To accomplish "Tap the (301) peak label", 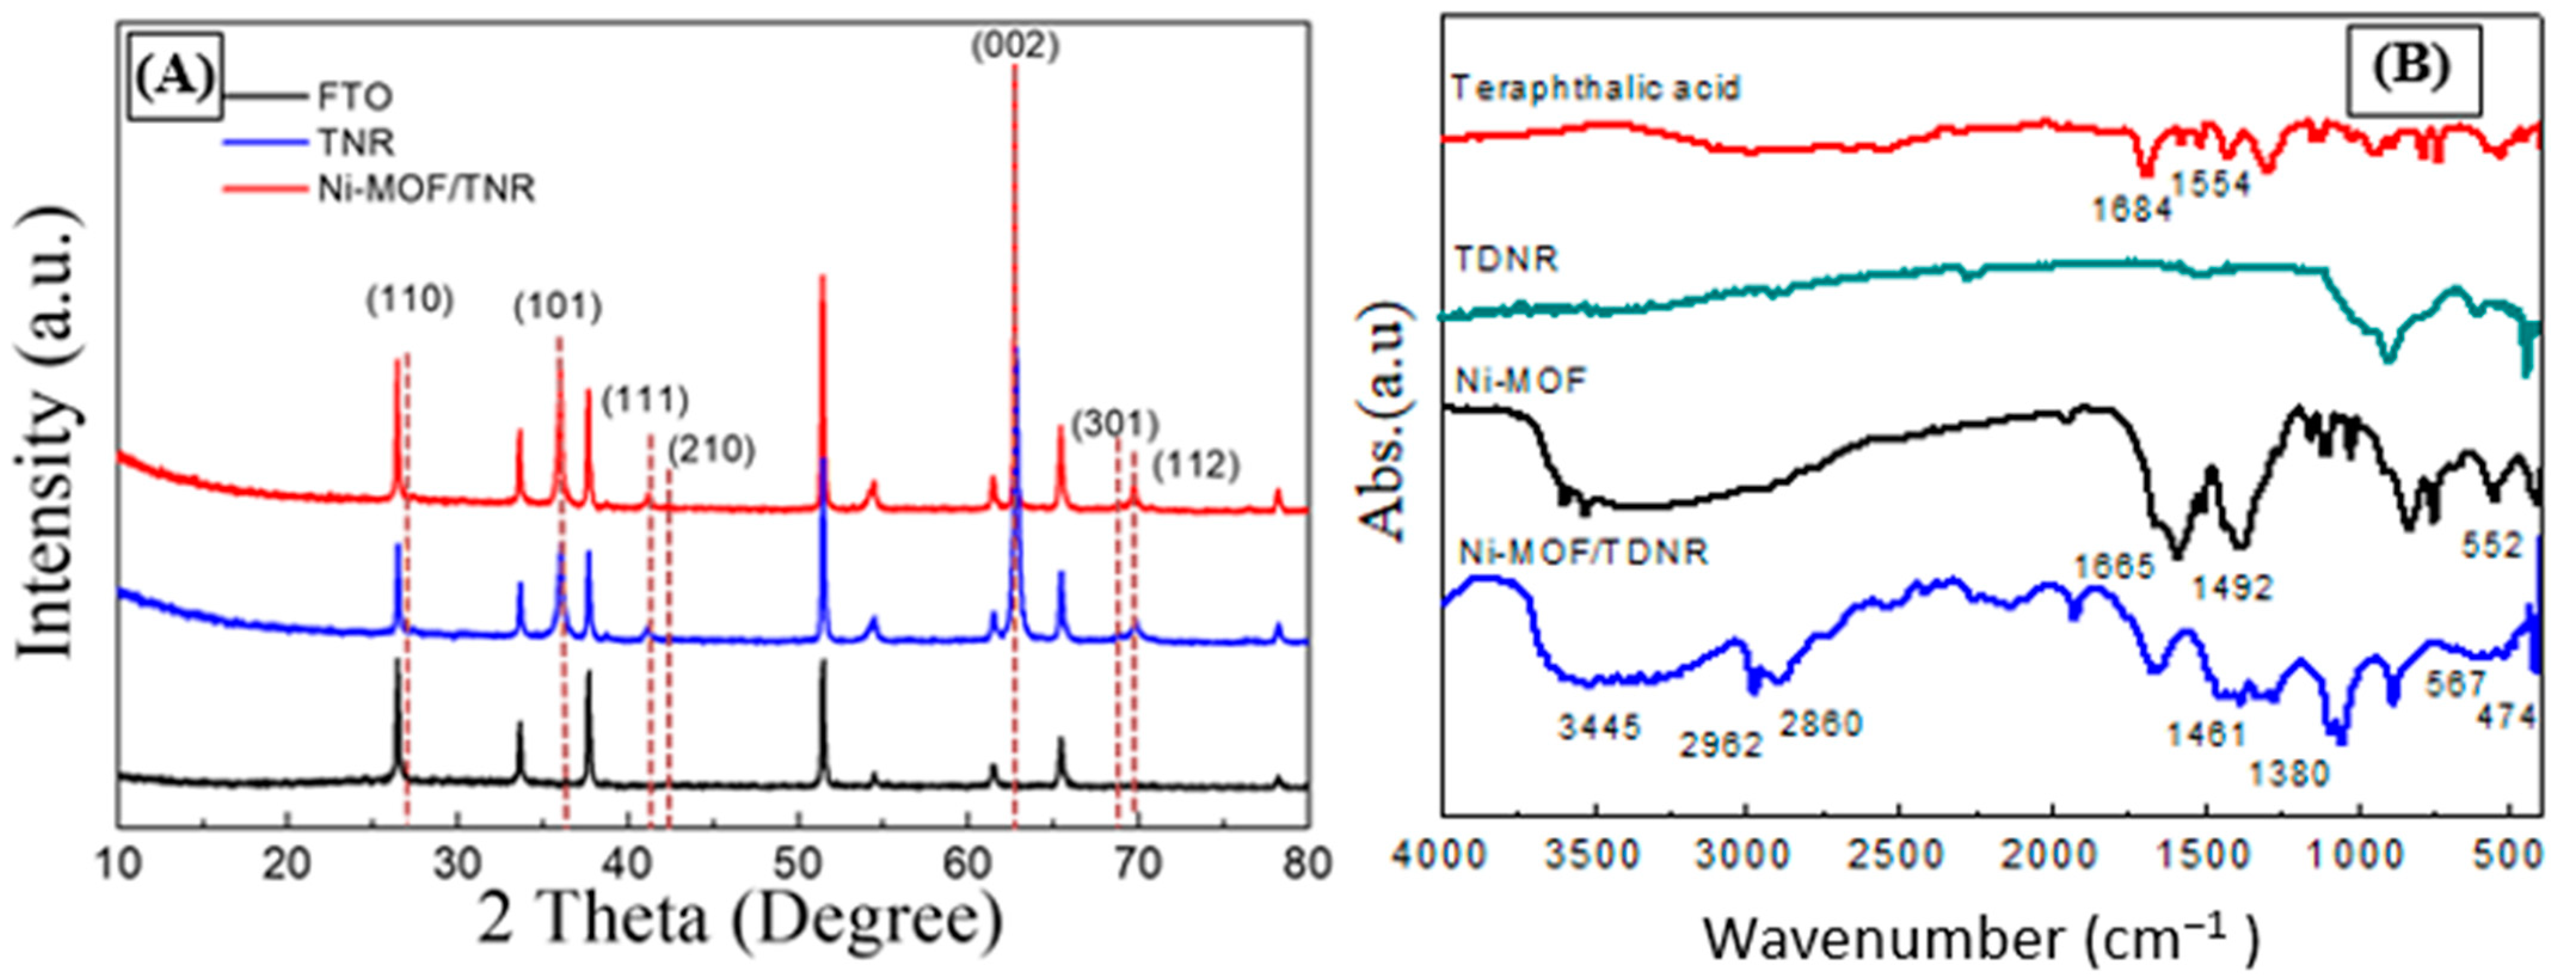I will click(1115, 425).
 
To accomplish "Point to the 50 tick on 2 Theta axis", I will click(797, 864).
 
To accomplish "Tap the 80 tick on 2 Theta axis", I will click(1307, 864).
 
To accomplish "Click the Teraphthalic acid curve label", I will click(1595, 88).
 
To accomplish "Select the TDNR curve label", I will click(1506, 260).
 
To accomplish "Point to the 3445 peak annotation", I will click(1599, 728).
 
